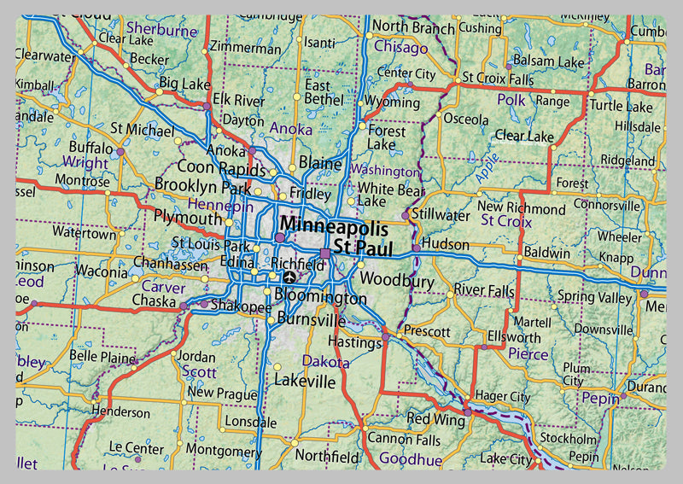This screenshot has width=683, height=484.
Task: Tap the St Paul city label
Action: point(363,250)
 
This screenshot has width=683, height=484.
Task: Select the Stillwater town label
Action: point(441,214)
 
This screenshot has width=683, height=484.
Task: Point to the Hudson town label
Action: point(446,244)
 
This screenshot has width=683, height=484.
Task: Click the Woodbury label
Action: point(397,279)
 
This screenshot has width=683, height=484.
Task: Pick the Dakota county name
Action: point(326,362)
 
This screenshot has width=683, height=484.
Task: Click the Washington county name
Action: point(385,171)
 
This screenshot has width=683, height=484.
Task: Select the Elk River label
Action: point(238,99)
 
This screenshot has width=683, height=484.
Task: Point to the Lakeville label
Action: point(305,381)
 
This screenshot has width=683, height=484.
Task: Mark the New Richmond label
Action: point(521,208)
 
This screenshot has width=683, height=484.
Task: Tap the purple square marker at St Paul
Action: point(325,253)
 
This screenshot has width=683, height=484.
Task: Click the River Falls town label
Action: point(484,290)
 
